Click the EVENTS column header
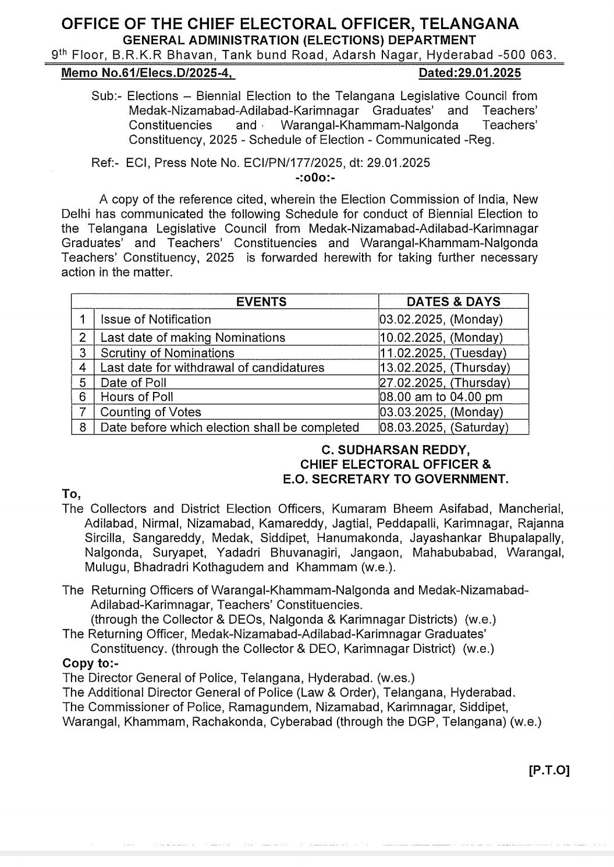click(x=261, y=301)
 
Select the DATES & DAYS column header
click(x=453, y=301)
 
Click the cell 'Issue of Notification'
click(x=155, y=319)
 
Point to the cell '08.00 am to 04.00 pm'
click(x=441, y=397)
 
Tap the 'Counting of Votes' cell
click(x=151, y=412)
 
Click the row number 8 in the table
click(x=83, y=427)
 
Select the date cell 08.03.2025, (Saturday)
click(x=444, y=427)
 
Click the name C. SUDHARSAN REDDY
click(x=395, y=450)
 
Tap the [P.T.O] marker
click(x=549, y=770)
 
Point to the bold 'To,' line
click(x=72, y=494)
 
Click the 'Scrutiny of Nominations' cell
click(x=167, y=353)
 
